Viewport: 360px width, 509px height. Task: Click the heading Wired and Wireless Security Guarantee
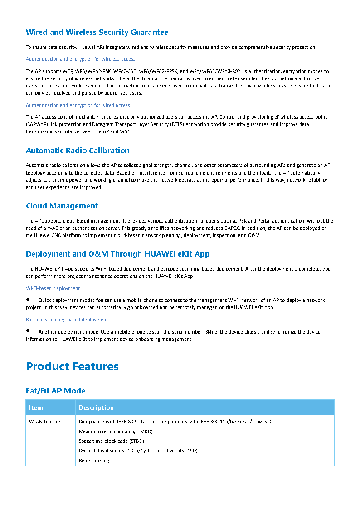(97, 32)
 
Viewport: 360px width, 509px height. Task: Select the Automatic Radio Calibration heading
(78, 150)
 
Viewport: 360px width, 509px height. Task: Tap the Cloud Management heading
(62, 206)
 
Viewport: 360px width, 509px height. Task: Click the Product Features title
(72, 366)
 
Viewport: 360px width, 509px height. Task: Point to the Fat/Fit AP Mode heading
(55, 391)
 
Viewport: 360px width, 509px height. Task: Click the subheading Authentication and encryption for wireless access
(80, 59)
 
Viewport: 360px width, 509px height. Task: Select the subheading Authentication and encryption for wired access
(78, 105)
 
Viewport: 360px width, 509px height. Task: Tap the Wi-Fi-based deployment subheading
(53, 288)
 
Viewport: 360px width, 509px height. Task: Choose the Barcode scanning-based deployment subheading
(67, 320)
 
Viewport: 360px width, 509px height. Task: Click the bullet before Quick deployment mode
(28, 300)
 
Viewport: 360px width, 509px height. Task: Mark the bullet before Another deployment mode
(28, 331)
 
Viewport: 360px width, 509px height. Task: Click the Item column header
(36, 407)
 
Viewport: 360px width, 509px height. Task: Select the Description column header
(96, 407)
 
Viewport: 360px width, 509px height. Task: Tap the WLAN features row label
(46, 422)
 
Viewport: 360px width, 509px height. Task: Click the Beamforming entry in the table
(94, 461)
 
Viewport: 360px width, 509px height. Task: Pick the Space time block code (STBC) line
(112, 441)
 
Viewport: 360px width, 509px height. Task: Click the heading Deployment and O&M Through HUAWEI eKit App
(117, 254)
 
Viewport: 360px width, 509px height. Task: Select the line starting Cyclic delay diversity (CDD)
(138, 451)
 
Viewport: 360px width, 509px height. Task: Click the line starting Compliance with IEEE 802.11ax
(175, 422)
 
